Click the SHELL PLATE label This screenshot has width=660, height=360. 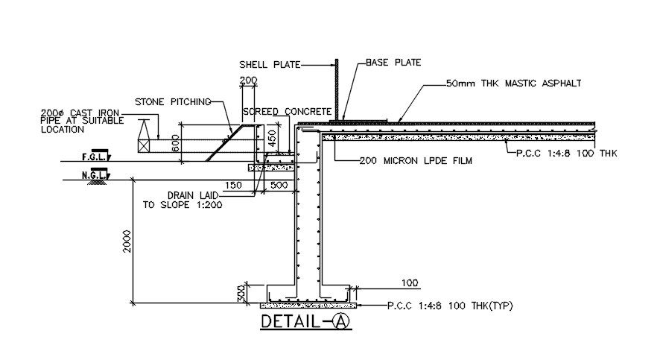(x=269, y=65)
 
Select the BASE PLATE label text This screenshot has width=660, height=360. (x=393, y=63)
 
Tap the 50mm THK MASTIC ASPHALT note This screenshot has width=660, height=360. (x=513, y=83)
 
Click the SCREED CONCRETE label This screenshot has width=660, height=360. (x=282, y=111)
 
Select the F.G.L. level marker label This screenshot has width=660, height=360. (x=92, y=157)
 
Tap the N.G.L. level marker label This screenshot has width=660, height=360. (x=92, y=175)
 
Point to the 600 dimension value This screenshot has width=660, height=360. (x=176, y=143)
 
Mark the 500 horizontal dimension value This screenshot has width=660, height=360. (x=280, y=185)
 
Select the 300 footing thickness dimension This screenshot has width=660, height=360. (x=241, y=294)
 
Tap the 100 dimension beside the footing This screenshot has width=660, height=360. (x=409, y=283)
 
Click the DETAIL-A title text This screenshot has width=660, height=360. (x=304, y=322)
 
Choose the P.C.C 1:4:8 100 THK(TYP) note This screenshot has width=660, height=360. (x=450, y=306)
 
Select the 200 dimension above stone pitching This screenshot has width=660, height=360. (x=247, y=79)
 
